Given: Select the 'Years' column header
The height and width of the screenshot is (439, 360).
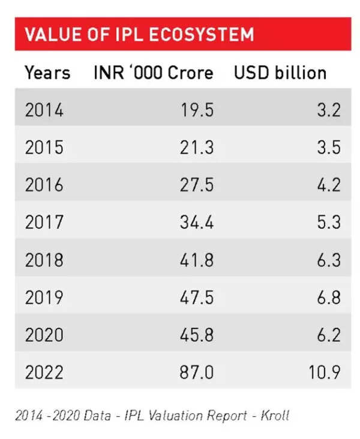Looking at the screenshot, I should pos(47,73).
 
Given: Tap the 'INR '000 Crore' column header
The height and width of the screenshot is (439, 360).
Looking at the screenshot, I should pos(154,73).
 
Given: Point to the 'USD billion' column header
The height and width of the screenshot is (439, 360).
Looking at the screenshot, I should pos(280,73).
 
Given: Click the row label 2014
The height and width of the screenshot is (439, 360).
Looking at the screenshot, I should pos(44,110).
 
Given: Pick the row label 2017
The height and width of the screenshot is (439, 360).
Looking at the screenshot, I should pos(44,222).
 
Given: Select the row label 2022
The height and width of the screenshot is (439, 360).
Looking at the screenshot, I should pos(44,372).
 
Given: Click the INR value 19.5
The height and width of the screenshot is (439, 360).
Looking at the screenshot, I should pos(196,110).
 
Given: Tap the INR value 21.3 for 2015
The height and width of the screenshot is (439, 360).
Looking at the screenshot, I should pos(196,148).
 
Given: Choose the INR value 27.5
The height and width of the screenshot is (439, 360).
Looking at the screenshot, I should pos(196,185).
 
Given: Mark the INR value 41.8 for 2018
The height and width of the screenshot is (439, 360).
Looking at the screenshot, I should pos(196,260).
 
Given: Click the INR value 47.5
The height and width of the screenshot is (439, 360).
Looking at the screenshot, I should pos(196,297).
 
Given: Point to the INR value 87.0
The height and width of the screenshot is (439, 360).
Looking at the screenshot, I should pos(196,372).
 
